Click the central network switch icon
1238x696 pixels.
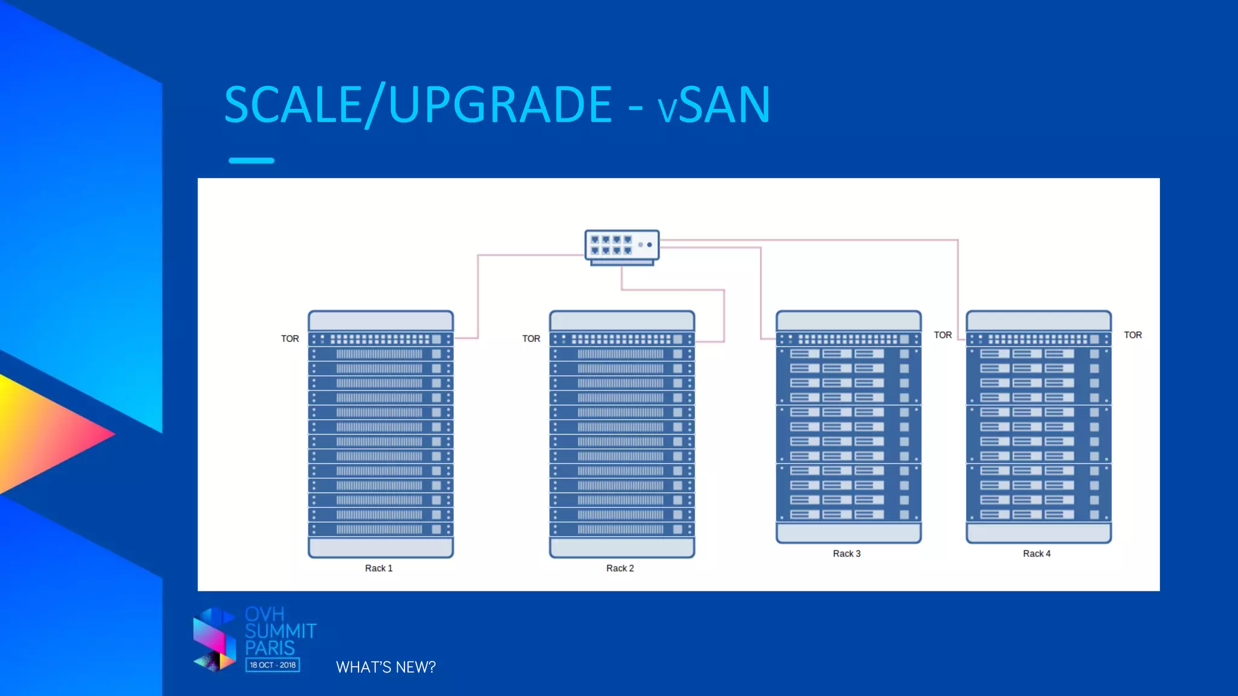coord(621,246)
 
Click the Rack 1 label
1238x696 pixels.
coord(378,568)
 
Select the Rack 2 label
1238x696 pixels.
coord(620,568)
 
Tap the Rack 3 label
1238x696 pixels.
coord(846,553)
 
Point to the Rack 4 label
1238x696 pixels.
coord(1036,553)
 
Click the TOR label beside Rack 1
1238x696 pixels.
coord(290,339)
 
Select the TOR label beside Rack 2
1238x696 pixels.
coord(531,339)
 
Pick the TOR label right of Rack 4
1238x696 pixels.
coord(1132,335)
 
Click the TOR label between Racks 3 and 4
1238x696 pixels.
coord(942,335)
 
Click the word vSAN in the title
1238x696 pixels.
coord(714,105)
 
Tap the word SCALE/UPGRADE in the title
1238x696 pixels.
coord(418,105)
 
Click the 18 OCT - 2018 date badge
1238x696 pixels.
coord(273,665)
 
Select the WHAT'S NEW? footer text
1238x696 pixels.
coord(386,667)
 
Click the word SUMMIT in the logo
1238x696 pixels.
coord(280,631)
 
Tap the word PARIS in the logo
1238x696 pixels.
coord(270,648)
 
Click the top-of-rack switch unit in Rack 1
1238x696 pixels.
coord(380,339)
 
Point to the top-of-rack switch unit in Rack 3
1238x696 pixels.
coord(848,339)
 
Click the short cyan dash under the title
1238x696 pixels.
coord(251,161)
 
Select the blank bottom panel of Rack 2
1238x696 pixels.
coord(621,547)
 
